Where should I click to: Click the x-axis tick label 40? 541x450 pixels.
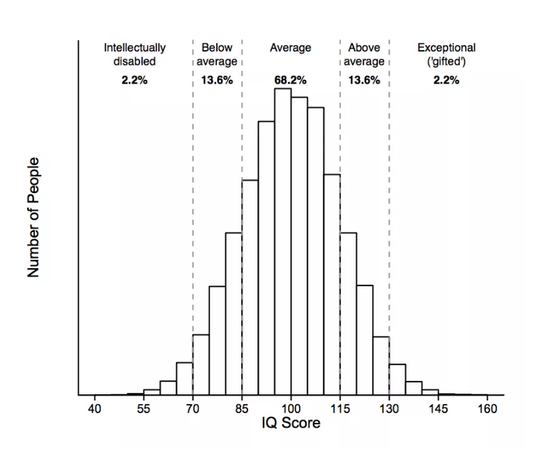point(95,409)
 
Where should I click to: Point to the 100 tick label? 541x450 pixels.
point(291,409)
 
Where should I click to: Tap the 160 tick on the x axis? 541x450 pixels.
point(487,409)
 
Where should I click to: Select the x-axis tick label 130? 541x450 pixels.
point(389,409)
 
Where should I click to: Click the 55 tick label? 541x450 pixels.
point(144,409)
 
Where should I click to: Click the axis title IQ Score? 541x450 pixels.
point(291,423)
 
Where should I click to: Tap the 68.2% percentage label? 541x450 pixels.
point(290,80)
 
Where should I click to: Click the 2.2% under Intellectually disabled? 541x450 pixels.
point(135,80)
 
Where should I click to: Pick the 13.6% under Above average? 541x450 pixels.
point(364,80)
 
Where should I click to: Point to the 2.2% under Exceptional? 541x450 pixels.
point(446,80)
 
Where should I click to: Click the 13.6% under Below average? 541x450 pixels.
point(217,80)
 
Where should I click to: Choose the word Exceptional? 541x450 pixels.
point(446,48)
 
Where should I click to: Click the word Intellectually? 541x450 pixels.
point(135,48)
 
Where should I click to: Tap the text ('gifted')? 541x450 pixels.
point(446,61)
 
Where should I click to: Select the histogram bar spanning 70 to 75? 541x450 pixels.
point(201,365)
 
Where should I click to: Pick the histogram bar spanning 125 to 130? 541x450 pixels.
point(381,366)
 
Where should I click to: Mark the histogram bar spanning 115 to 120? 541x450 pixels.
point(348,313)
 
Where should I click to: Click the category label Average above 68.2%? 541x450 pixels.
point(290,48)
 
